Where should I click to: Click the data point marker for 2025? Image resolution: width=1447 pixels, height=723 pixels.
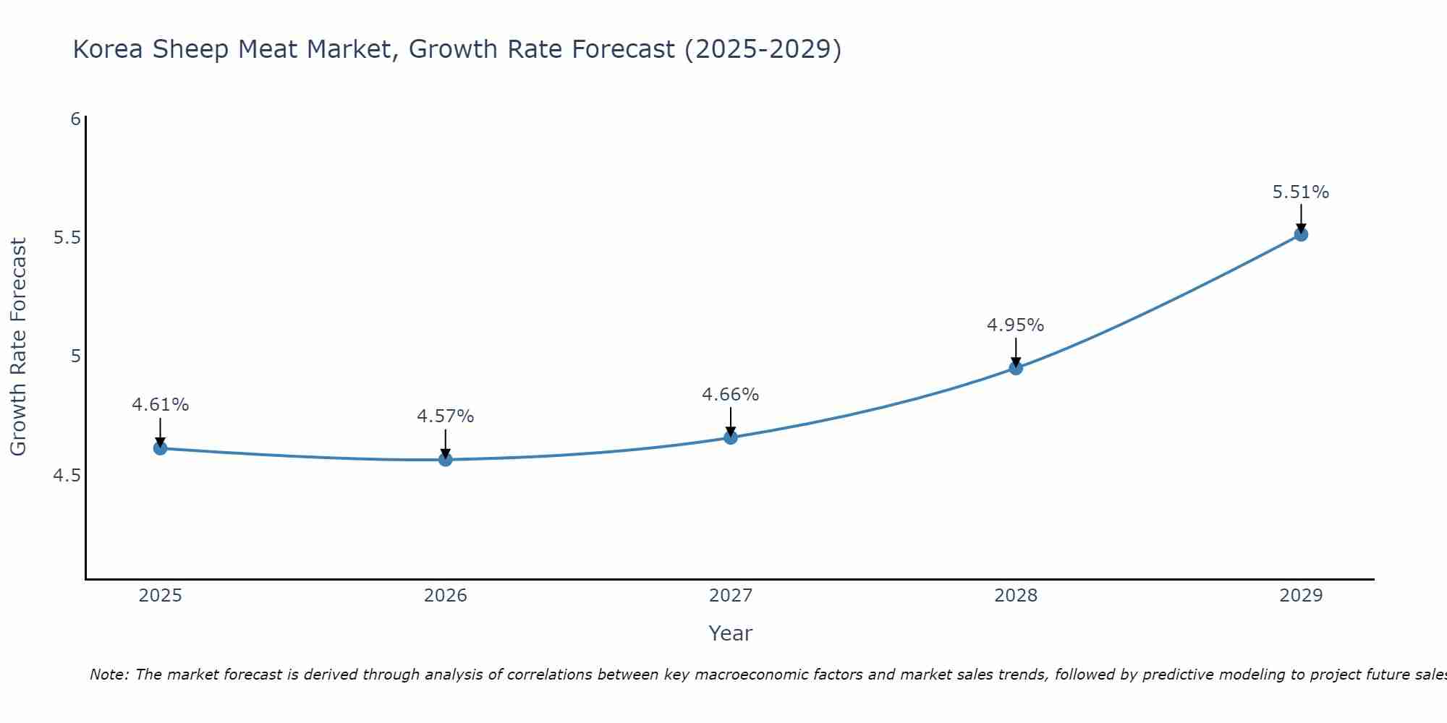coord(160,448)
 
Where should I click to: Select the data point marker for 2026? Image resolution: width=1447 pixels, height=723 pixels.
coord(445,459)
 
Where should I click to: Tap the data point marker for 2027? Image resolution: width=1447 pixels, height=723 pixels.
coord(730,437)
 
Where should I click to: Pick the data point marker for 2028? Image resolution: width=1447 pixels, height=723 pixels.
coord(1016,368)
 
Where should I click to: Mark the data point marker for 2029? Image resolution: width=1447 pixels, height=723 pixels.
coord(1301,234)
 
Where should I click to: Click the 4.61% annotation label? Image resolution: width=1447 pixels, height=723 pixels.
coord(160,405)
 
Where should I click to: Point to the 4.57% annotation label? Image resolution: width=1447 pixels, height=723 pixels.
coord(445,416)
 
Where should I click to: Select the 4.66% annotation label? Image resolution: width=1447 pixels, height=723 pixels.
coord(730,395)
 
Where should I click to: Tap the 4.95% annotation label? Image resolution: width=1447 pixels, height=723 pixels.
coord(1016,325)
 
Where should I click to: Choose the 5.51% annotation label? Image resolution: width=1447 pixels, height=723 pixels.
coord(1301,192)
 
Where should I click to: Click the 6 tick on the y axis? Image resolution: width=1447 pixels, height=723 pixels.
coord(75,119)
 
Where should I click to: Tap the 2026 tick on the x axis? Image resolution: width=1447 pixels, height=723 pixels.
coord(445,596)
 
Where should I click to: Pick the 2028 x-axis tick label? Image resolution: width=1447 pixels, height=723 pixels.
coord(1016,596)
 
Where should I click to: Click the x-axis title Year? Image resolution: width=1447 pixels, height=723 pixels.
coord(730,633)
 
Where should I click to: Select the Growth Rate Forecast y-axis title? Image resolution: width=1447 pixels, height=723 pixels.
coord(19,347)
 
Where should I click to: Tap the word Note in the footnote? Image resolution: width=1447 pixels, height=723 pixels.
coord(109,675)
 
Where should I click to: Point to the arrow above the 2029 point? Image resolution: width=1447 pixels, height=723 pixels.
coord(1301,218)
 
